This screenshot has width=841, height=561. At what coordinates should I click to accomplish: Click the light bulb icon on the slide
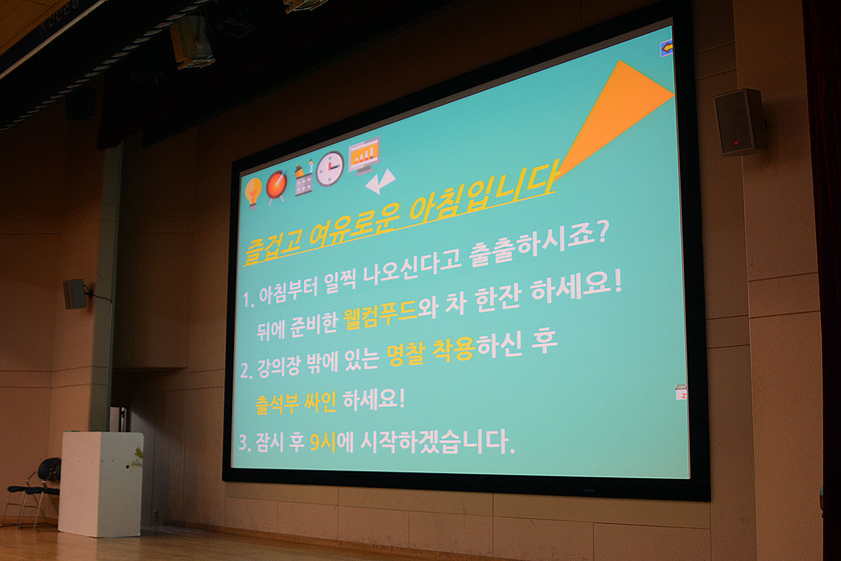click(253, 192)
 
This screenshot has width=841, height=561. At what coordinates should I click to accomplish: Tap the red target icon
click(277, 185)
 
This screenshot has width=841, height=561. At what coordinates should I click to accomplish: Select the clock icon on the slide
click(330, 169)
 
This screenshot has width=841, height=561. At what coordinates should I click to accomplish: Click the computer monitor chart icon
click(364, 155)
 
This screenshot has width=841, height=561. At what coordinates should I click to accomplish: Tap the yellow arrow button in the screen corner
click(666, 49)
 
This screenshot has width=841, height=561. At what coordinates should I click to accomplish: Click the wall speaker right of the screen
click(740, 122)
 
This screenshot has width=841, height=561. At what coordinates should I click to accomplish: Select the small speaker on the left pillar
click(76, 294)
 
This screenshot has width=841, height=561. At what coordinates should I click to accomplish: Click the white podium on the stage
click(101, 484)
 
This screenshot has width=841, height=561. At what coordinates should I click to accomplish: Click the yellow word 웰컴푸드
click(380, 314)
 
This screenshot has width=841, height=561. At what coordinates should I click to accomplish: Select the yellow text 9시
click(323, 442)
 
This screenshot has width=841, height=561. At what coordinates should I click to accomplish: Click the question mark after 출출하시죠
click(601, 233)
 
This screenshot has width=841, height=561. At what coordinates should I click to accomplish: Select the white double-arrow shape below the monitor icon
click(380, 182)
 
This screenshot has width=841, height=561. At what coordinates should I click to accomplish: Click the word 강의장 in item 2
click(279, 367)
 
